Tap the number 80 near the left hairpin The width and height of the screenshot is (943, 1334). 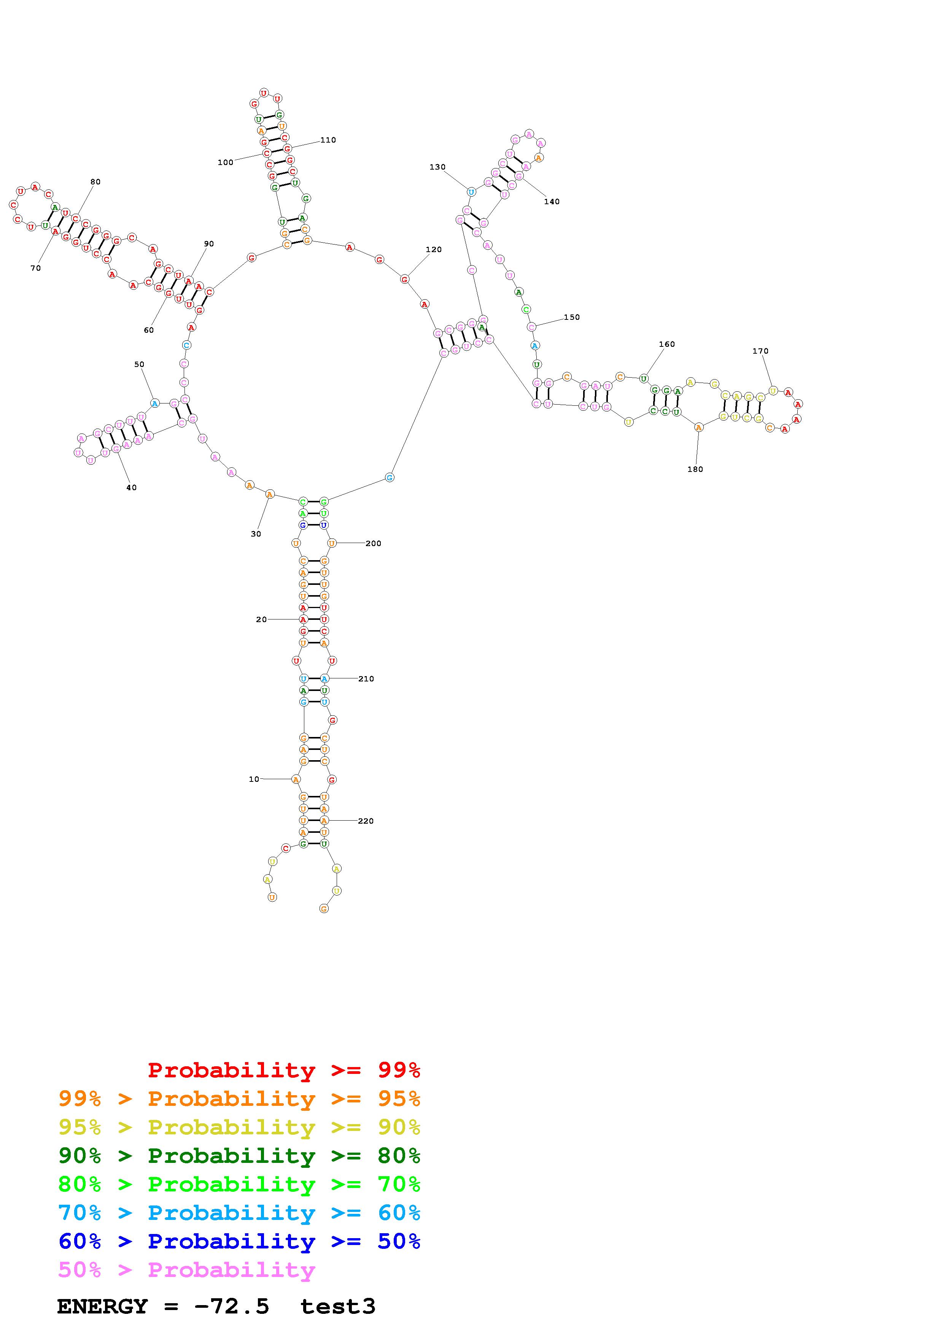[95, 182]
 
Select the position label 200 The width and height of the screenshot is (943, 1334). [373, 543]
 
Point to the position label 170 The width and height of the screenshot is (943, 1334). [760, 351]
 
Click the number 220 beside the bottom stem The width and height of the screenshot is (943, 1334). [366, 821]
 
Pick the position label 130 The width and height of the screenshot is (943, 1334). [437, 167]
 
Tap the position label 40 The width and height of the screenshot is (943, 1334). [131, 488]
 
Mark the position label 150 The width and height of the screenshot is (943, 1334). [572, 317]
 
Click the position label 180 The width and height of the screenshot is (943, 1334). [695, 470]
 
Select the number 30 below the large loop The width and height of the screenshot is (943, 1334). [256, 534]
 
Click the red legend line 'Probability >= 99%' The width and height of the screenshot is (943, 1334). [284, 1070]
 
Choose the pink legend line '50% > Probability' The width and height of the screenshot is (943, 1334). [186, 1270]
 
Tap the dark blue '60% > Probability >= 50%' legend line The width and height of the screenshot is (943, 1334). [239, 1242]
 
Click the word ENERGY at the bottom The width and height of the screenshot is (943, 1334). [102, 1307]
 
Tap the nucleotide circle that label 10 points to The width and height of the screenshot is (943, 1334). [296, 779]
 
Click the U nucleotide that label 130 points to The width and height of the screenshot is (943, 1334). [471, 192]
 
